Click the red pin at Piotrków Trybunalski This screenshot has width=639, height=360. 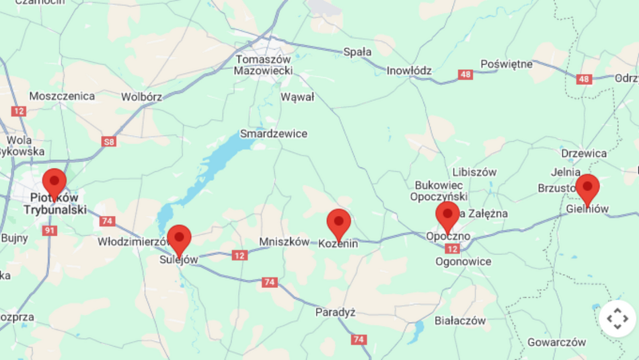(x=54, y=182)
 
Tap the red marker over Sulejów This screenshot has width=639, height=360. (x=179, y=238)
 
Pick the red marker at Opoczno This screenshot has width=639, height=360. (x=447, y=215)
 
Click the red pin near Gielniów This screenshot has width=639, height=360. (x=588, y=187)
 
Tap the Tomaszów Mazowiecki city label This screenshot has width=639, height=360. (x=264, y=65)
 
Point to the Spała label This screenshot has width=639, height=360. (x=357, y=52)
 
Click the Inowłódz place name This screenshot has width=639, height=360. (x=409, y=71)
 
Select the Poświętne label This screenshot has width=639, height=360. (x=506, y=65)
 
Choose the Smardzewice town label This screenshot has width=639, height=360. (x=274, y=134)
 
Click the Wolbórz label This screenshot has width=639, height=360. (x=141, y=97)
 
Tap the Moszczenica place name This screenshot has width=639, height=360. (x=62, y=96)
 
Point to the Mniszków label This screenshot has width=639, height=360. (x=285, y=242)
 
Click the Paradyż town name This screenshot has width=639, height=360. (x=335, y=312)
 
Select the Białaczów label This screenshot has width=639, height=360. (x=460, y=321)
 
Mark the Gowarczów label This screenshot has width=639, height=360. (x=557, y=342)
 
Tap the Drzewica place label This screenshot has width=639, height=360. (x=584, y=153)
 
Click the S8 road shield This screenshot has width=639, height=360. (x=109, y=141)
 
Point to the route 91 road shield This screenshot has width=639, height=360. (x=49, y=231)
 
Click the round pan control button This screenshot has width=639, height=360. (x=617, y=319)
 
